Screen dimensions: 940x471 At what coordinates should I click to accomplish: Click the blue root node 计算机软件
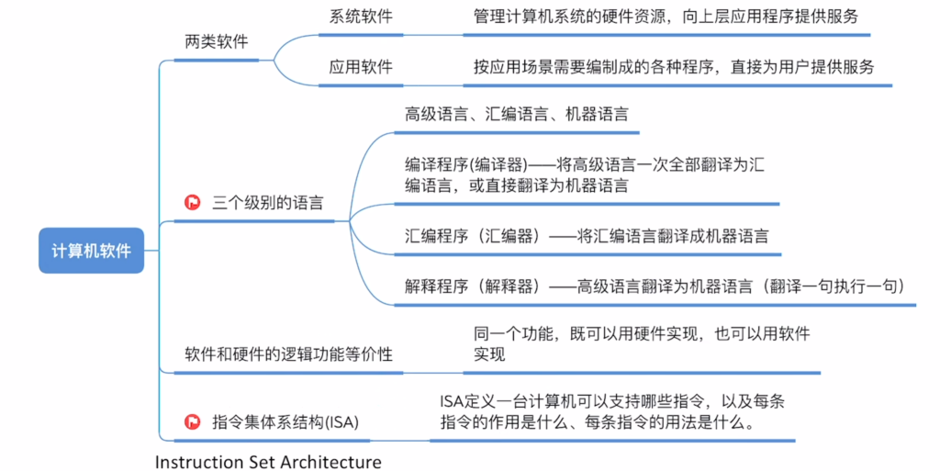click(x=91, y=251)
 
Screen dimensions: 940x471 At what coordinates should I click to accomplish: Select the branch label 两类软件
click(x=217, y=42)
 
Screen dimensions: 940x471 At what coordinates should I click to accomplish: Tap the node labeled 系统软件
click(x=360, y=17)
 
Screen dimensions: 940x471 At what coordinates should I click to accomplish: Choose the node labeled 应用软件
click(x=360, y=66)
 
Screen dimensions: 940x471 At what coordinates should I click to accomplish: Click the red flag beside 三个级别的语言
click(x=193, y=203)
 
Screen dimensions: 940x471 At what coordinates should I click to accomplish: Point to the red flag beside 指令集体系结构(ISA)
click(x=193, y=421)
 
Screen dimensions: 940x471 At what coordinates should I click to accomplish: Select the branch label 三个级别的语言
click(x=267, y=203)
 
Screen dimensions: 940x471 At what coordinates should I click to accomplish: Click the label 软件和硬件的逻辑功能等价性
click(x=288, y=354)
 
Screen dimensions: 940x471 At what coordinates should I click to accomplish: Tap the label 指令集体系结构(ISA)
click(x=285, y=421)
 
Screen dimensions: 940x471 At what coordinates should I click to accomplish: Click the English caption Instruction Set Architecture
click(x=268, y=462)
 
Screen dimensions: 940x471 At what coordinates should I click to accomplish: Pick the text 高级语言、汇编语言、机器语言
click(x=516, y=114)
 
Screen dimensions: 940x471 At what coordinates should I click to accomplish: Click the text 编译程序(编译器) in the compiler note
click(x=465, y=164)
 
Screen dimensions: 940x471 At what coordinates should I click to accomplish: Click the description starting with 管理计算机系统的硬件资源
click(x=666, y=17)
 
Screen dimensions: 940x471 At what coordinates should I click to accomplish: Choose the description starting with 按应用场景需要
click(x=674, y=66)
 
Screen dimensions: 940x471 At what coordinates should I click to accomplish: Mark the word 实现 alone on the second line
click(x=489, y=354)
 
